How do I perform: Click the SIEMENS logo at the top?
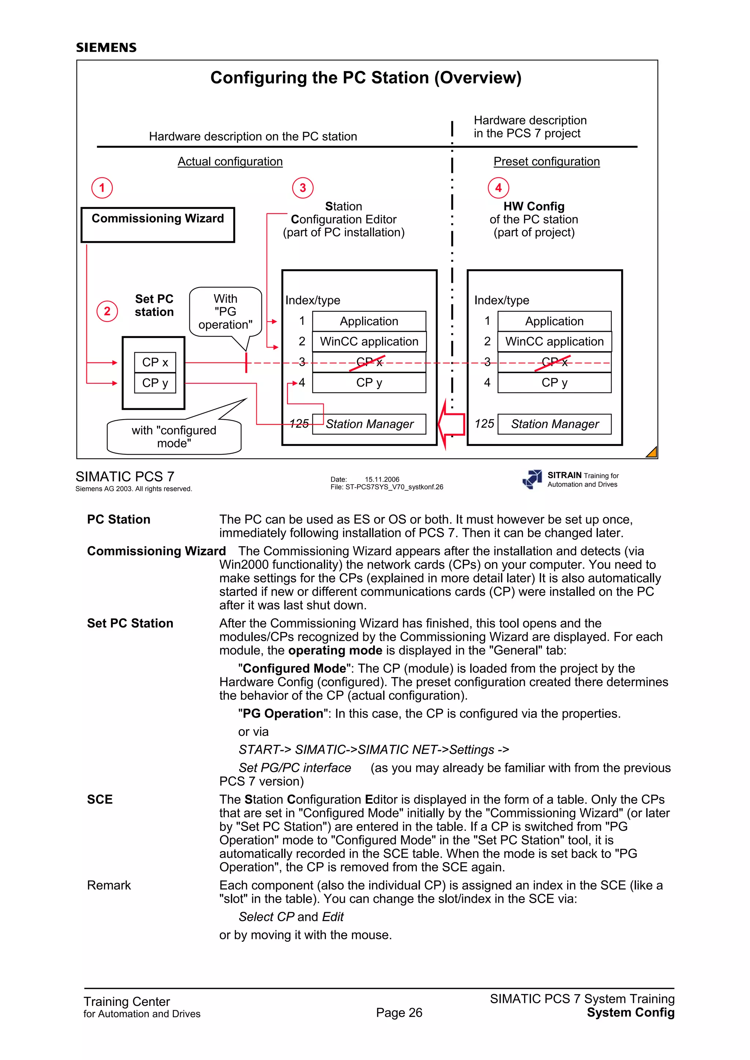[106, 48]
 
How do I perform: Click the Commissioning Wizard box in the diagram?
[157, 225]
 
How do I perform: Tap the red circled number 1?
[102, 188]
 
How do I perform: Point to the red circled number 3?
[303, 188]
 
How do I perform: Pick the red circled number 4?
[498, 188]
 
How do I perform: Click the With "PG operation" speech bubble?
[225, 312]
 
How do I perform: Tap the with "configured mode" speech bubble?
[174, 436]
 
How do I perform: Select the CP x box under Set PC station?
[155, 362]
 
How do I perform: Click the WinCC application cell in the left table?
[369, 342]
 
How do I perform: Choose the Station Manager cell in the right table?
[554, 424]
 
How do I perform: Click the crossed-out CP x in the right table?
[554, 362]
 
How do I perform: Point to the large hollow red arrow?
[452, 424]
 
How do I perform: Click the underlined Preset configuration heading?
[546, 162]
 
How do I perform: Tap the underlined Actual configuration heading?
[230, 162]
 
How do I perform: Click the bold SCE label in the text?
[100, 800]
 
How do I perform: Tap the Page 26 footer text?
[399, 1012]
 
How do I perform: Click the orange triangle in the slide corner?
[652, 452]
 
